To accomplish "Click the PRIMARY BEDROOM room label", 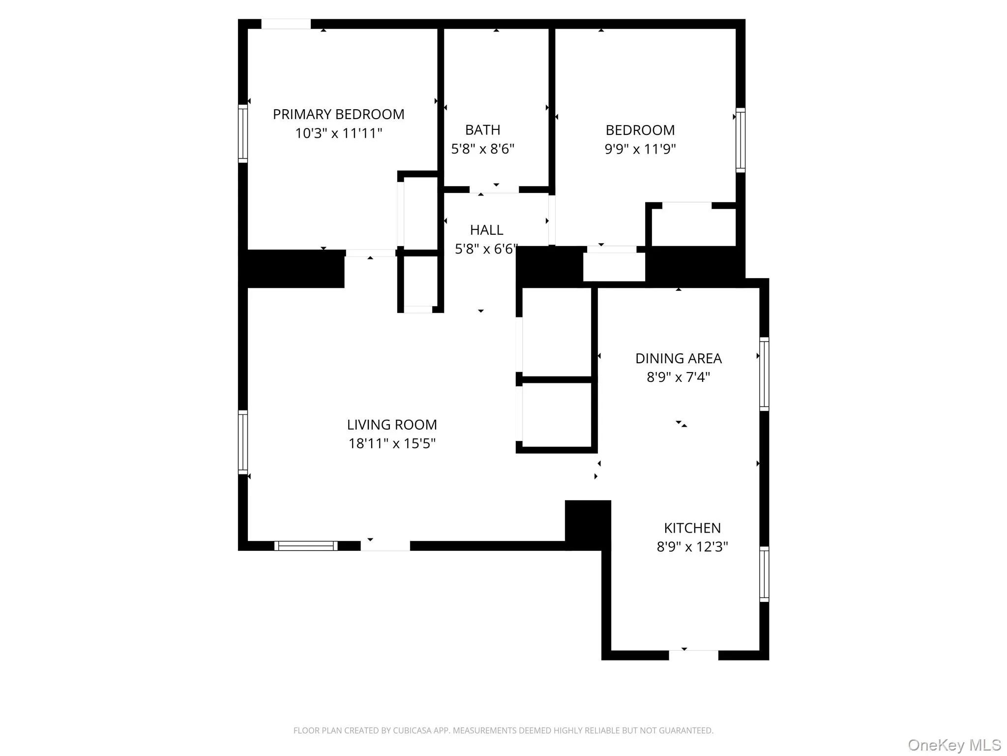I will [x=338, y=114].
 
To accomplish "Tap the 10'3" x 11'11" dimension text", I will [x=338, y=133].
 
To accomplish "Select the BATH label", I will [x=482, y=130].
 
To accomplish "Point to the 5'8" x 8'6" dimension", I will [x=482, y=149].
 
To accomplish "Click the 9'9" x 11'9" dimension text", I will [x=640, y=149].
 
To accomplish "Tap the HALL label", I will [x=486, y=230].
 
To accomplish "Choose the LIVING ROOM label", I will [x=392, y=424].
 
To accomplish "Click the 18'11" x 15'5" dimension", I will [x=392, y=443].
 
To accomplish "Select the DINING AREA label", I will [x=678, y=358].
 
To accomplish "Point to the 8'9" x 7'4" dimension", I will [x=678, y=377].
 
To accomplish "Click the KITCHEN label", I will [x=692, y=528].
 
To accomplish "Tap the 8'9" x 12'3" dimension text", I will [x=692, y=547].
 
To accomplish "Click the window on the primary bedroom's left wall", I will [x=243, y=133].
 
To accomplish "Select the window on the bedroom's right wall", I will [x=740, y=140].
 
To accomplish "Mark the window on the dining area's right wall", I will [x=764, y=374].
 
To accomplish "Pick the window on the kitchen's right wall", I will [x=764, y=574].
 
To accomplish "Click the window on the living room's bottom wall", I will [x=306, y=545].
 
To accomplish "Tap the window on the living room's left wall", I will [x=243, y=442].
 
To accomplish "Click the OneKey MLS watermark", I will [x=954, y=745].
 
